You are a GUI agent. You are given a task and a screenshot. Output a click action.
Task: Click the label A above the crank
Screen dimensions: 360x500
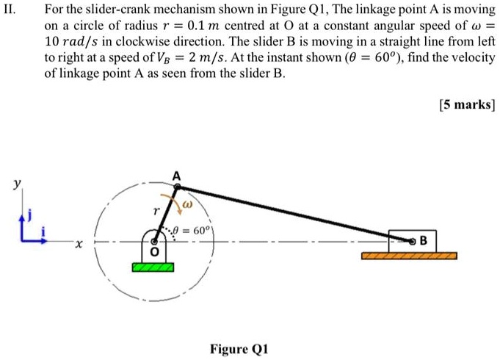(175, 175)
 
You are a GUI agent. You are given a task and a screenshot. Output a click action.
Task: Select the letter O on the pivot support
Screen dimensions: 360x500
(153, 252)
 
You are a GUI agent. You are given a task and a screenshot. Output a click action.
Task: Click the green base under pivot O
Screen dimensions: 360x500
(153, 267)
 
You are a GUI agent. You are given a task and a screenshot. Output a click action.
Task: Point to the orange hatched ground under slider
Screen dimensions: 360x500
(409, 256)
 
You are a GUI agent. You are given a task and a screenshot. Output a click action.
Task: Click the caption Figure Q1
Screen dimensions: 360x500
(240, 349)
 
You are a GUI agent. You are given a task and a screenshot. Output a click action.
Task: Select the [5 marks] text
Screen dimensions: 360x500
(467, 104)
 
